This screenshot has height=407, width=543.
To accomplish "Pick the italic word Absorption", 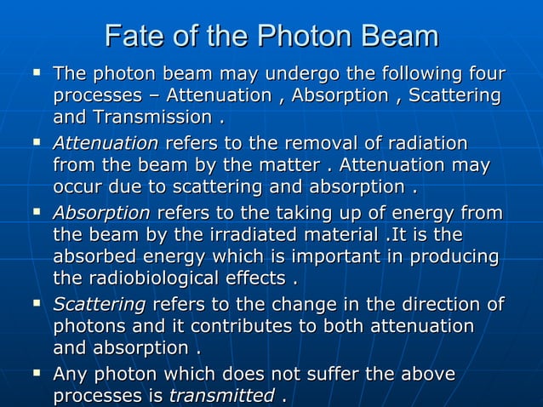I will [101, 211].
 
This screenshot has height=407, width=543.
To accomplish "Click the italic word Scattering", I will [100, 304].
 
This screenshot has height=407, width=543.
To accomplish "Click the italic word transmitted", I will [222, 396].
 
